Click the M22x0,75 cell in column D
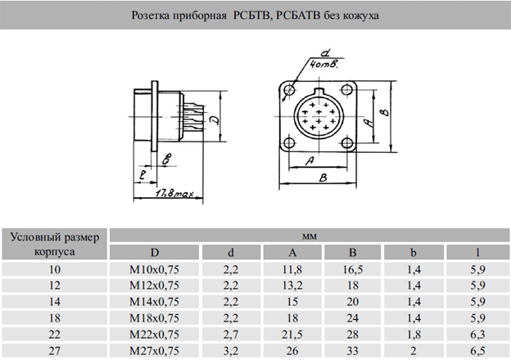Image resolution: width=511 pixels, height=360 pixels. pos(154,335)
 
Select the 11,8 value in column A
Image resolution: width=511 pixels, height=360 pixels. pos(292,269)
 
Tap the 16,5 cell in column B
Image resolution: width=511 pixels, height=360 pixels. pos(353,269)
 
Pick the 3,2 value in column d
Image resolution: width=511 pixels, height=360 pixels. pos(231,351)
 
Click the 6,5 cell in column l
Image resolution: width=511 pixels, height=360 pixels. pos(477,351)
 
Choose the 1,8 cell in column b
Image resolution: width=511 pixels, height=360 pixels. pos(414,335)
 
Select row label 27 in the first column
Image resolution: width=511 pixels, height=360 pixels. pos(54,351)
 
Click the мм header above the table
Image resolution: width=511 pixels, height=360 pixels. pos(310,236)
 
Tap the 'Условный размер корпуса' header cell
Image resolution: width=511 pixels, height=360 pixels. pos(54,244)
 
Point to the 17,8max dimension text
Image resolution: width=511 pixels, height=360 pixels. pos(174,194)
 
